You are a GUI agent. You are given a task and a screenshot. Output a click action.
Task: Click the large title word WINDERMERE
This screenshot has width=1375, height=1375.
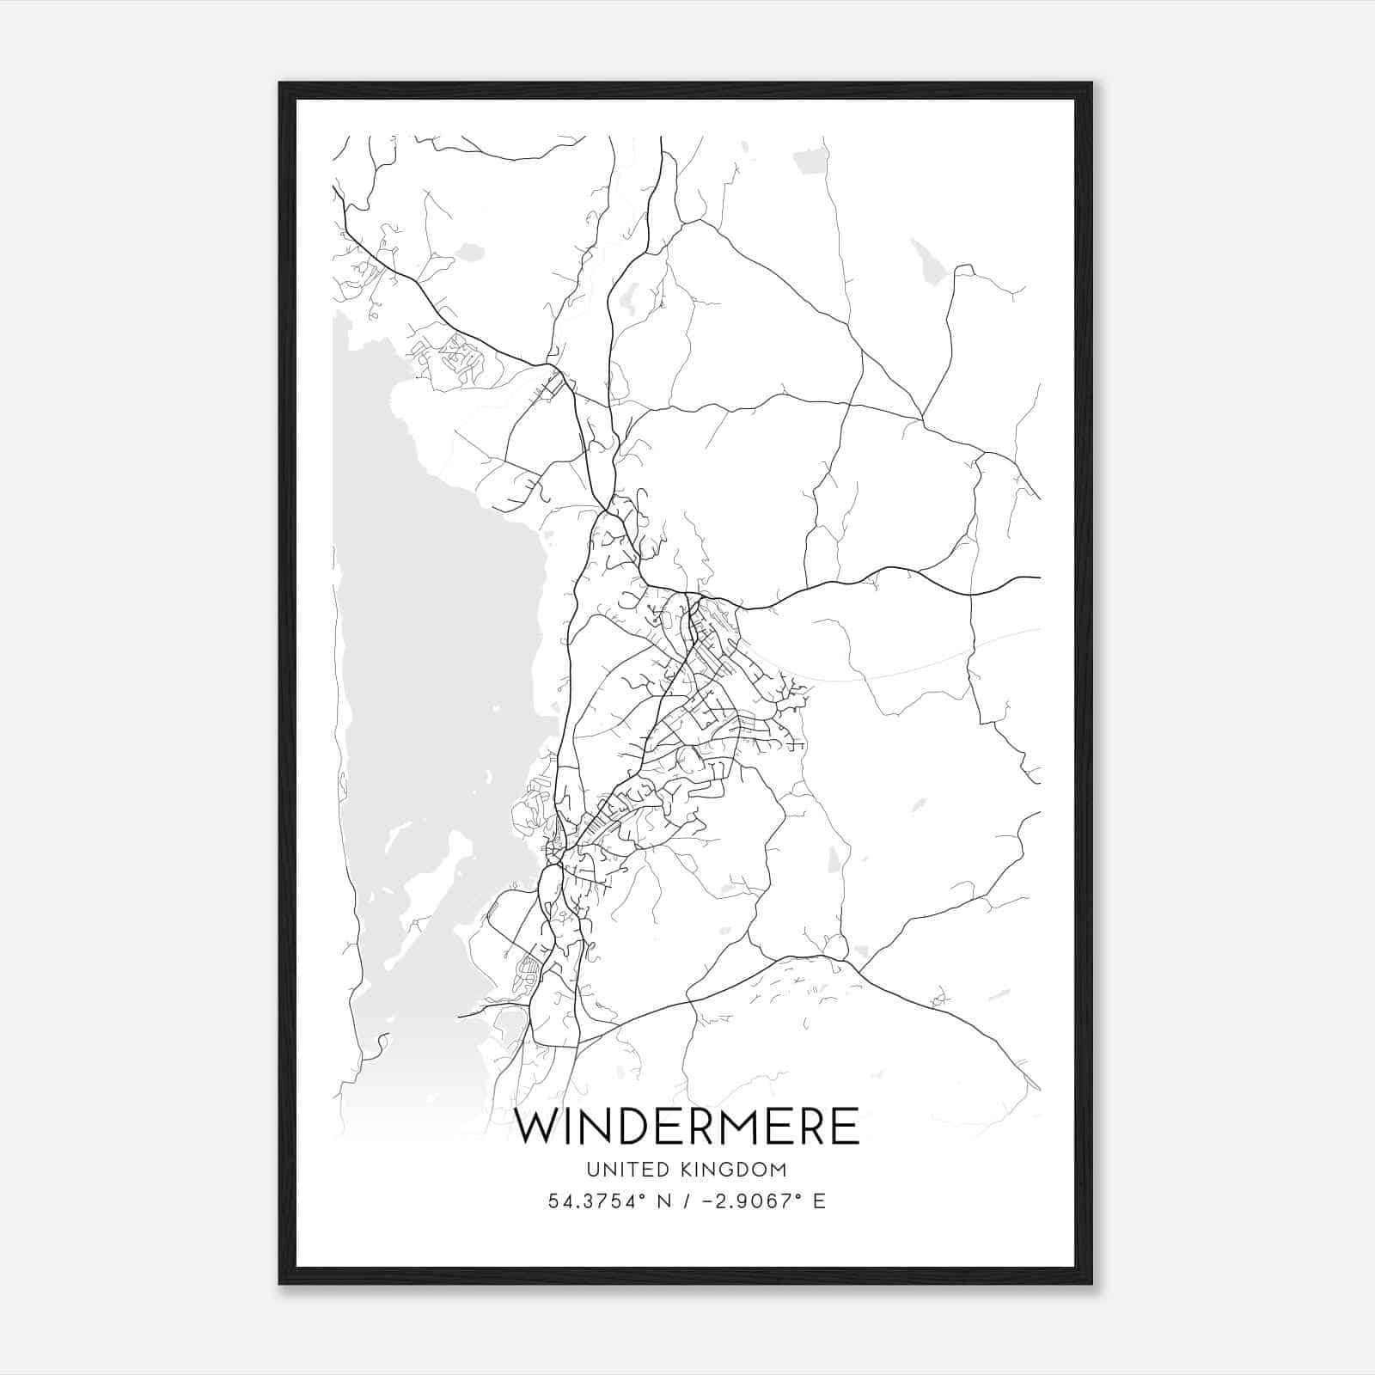pos(687,1127)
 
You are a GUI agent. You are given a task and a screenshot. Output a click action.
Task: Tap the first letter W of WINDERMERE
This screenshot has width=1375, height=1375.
pos(538,1127)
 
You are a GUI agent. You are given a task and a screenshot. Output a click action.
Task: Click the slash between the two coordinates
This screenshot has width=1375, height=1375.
pos(685,1201)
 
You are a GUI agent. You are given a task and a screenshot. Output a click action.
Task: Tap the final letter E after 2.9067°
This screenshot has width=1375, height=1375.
pos(819,1201)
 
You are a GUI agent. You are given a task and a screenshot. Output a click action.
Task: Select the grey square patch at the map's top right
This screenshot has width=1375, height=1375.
pos(810,160)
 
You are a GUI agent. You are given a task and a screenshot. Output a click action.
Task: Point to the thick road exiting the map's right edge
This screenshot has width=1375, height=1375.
pos(1027,577)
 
